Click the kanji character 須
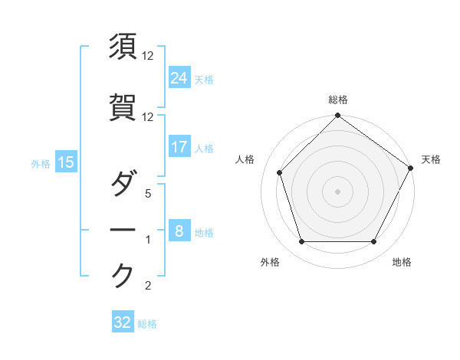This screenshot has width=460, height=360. pyautogui.click(x=123, y=47)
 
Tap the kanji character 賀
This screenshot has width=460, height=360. pyautogui.click(x=123, y=108)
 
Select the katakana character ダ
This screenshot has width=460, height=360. pyautogui.click(x=123, y=185)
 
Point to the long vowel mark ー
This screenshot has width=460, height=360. pyautogui.click(x=123, y=230)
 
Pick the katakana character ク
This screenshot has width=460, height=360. pyautogui.click(x=123, y=276)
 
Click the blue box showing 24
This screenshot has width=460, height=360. pyautogui.click(x=179, y=77)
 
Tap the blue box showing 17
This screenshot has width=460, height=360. pyautogui.click(x=179, y=146)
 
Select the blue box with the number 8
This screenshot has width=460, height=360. pyautogui.click(x=179, y=231)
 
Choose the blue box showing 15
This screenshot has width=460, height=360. pyautogui.click(x=66, y=162)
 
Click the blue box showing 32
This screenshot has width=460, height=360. pyautogui.click(x=123, y=322)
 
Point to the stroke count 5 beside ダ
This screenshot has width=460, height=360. pyautogui.click(x=148, y=195)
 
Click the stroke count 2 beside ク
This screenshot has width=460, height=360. pyautogui.click(x=148, y=286)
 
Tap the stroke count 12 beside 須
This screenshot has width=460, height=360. pyautogui.click(x=148, y=57)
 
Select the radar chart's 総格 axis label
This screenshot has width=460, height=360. pyautogui.click(x=338, y=100)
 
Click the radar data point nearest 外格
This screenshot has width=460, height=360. pyautogui.click(x=301, y=242)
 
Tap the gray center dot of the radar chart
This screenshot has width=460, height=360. pyautogui.click(x=338, y=191)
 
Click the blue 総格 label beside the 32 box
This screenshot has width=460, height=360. pyautogui.click(x=147, y=324)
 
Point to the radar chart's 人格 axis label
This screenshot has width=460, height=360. pyautogui.click(x=245, y=159)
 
